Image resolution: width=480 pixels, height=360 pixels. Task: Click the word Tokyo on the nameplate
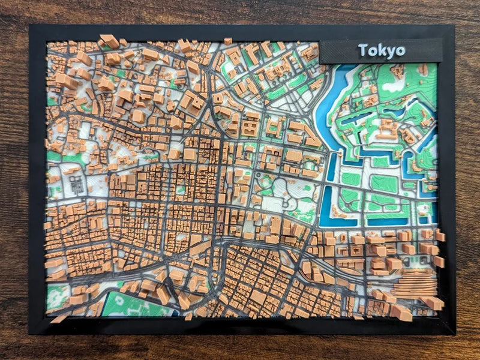click(381, 50)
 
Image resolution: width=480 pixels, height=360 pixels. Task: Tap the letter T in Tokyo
click(362, 50)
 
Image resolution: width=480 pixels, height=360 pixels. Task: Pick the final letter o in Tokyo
click(400, 51)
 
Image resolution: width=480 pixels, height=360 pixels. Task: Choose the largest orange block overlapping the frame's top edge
click(110, 41)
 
